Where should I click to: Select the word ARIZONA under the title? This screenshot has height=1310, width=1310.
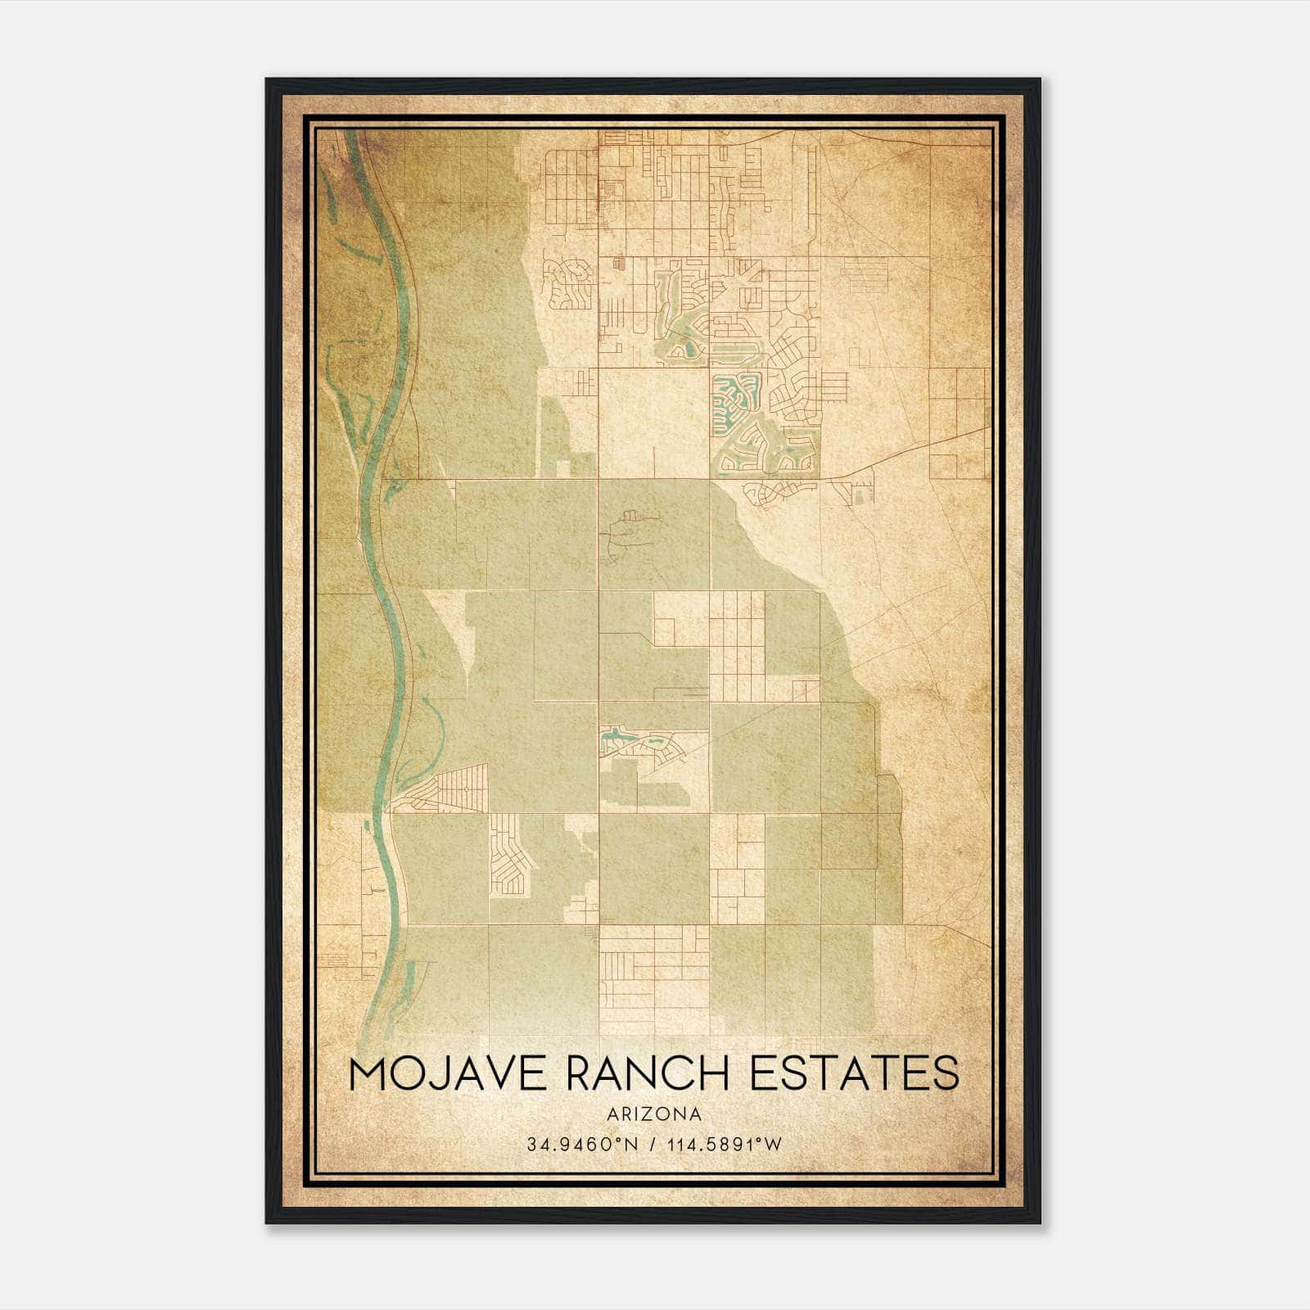tap(654, 1114)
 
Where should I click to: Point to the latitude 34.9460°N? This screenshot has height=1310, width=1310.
tap(581, 1144)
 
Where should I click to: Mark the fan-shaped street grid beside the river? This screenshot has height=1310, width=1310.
tap(446, 788)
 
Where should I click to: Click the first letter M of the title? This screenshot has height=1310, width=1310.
tap(368, 1073)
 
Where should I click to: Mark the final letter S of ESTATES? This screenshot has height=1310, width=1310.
tap(946, 1073)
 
